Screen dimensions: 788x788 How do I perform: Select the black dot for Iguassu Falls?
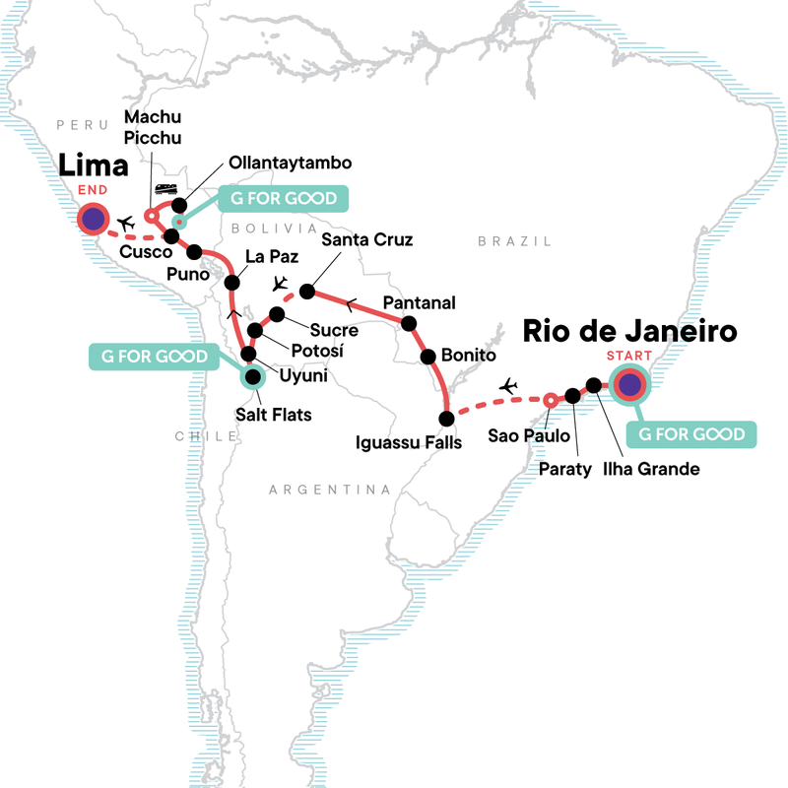click(445, 417)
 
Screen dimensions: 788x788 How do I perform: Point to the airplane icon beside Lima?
click(125, 224)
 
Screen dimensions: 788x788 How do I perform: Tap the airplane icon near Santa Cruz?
click(281, 284)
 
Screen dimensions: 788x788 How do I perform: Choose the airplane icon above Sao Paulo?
click(509, 385)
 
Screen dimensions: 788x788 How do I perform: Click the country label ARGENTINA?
click(330, 490)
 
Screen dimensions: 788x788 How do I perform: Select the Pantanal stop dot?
click(407, 323)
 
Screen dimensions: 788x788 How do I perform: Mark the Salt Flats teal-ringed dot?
click(253, 375)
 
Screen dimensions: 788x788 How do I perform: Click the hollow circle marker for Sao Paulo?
click(550, 399)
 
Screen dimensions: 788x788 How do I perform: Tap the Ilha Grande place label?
click(651, 469)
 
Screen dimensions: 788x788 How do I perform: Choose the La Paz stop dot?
click(232, 283)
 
